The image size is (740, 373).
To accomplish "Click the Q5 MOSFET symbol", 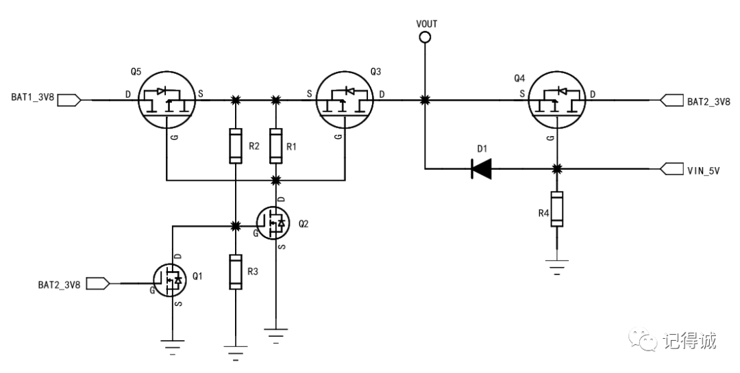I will click(167, 101).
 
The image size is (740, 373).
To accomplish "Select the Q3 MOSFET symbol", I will click(345, 101).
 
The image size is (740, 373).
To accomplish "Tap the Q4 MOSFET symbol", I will click(557, 101).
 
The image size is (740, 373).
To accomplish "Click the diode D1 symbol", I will click(482, 168).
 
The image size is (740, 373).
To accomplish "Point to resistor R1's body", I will click(275, 145).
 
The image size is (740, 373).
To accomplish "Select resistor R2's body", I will click(235, 145).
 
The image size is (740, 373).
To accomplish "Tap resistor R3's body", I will click(235, 271).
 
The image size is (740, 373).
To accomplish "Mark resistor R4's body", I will click(557, 209).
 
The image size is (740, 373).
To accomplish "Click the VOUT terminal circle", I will click(425, 38).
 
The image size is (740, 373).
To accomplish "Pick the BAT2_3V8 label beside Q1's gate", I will click(58, 283).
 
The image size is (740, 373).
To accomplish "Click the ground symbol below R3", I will click(235, 352).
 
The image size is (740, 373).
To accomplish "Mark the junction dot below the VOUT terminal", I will click(425, 101).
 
